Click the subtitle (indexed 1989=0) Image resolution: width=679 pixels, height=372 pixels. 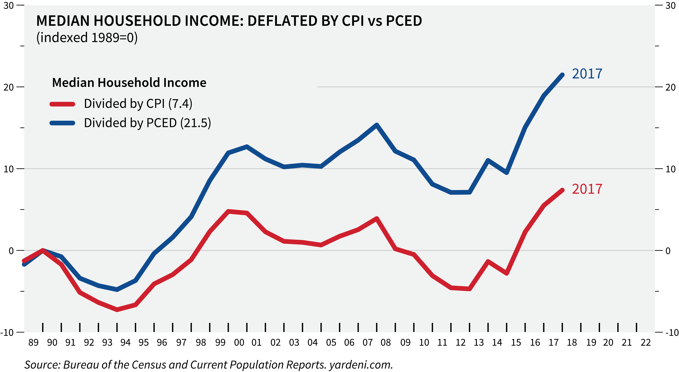point(87,37)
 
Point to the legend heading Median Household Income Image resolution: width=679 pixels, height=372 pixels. point(129,83)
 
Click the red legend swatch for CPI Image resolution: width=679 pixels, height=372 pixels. point(62,104)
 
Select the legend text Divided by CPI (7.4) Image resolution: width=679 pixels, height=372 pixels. point(138,104)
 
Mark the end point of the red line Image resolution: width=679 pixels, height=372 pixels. point(562,190)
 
